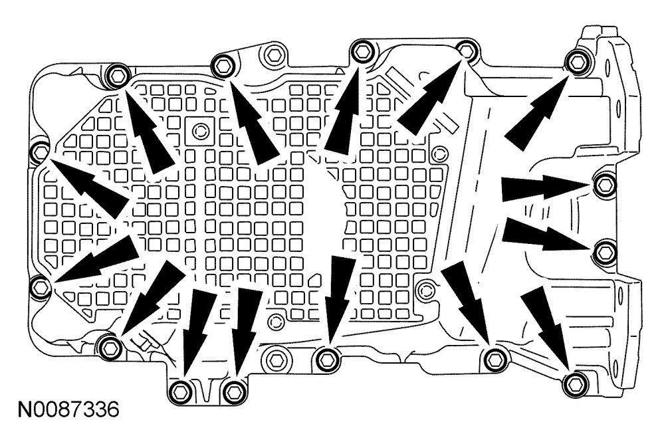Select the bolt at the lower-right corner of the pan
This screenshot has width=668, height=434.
573,382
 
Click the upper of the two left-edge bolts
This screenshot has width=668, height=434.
39,150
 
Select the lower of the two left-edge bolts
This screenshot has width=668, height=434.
40,287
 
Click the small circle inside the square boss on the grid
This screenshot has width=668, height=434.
199,129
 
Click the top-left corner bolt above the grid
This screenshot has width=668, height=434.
117,74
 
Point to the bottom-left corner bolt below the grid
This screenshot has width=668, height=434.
109,345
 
